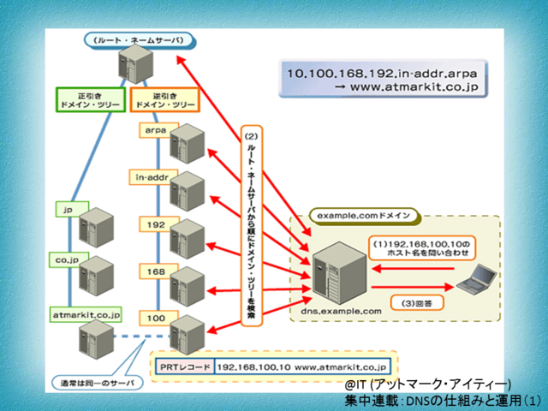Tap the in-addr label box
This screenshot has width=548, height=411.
[x=155, y=177]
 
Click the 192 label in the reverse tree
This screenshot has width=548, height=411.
[x=155, y=224]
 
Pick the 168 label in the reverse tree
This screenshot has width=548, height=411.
[x=155, y=271]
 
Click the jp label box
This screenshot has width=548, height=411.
[x=66, y=208]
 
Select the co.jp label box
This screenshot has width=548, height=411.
[x=68, y=255]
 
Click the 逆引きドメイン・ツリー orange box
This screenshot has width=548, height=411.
[x=165, y=98]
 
